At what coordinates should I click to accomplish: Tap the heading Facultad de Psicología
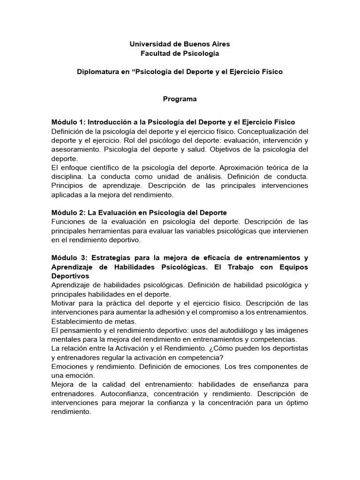pyautogui.click(x=180, y=54)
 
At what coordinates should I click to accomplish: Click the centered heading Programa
pyautogui.click(x=180, y=99)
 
